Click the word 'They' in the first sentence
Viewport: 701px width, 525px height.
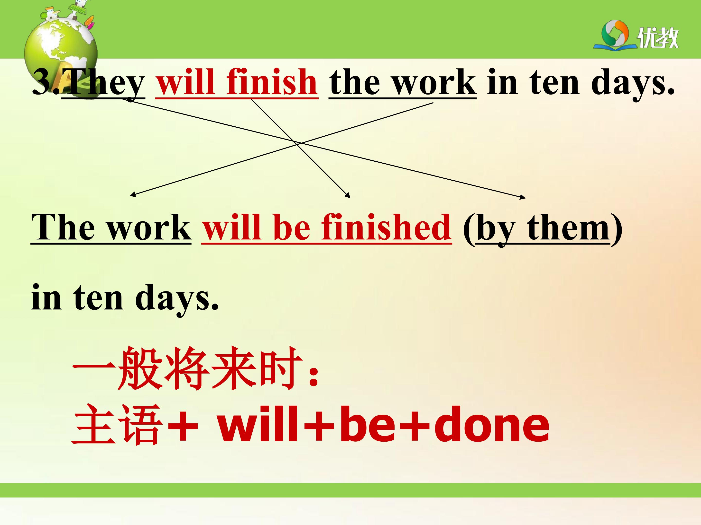pyautogui.click(x=104, y=83)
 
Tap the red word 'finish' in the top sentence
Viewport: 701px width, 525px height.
pyautogui.click(x=272, y=81)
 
